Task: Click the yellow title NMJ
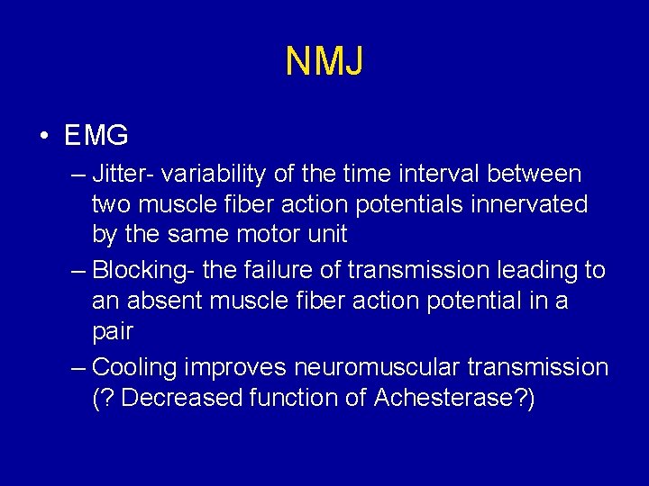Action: (324, 62)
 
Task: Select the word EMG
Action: (96, 136)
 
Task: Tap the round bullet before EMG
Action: (44, 137)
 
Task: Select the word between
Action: (536, 173)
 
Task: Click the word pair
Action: (113, 332)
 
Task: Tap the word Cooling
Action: (135, 367)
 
